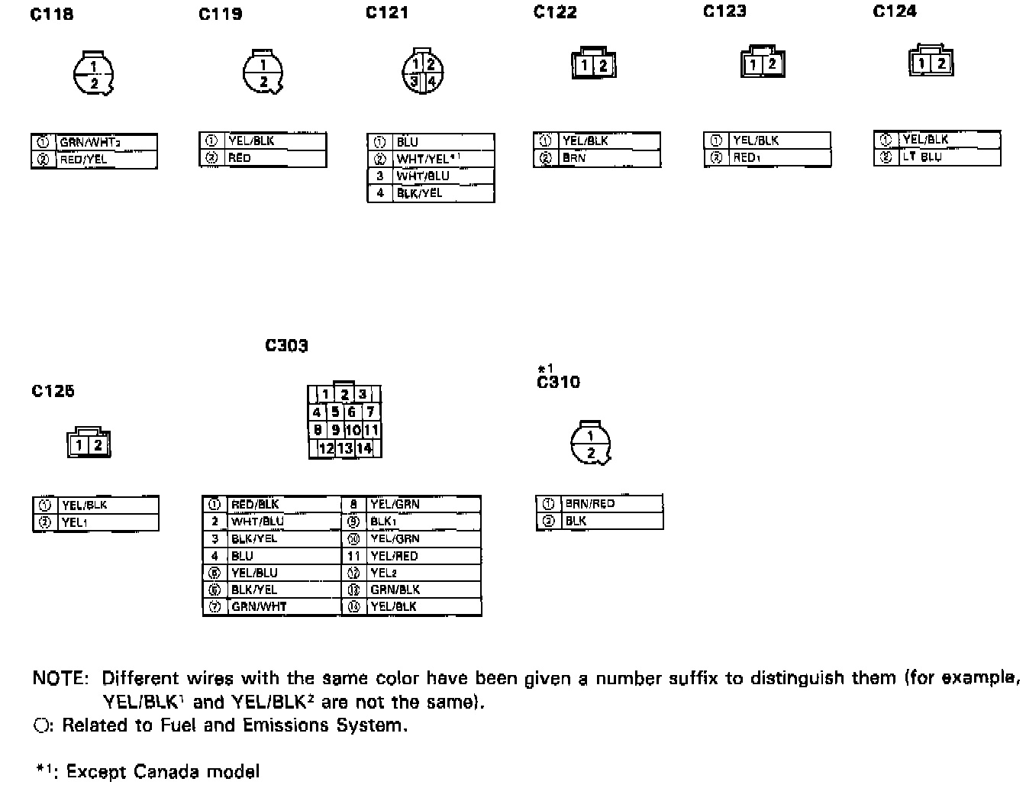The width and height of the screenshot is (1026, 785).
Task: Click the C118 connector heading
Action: click(x=52, y=14)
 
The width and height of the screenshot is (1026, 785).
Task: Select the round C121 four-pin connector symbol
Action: click(x=423, y=73)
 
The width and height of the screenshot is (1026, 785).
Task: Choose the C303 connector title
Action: click(x=286, y=346)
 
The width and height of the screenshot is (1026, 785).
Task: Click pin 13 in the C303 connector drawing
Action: click(x=345, y=448)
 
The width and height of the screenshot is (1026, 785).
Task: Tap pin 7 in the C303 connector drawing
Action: click(x=371, y=412)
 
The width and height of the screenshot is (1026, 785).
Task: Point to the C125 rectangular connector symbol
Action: click(x=89, y=444)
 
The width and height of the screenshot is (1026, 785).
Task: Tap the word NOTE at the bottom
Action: click(x=61, y=679)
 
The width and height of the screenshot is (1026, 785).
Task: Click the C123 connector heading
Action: click(x=724, y=12)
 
